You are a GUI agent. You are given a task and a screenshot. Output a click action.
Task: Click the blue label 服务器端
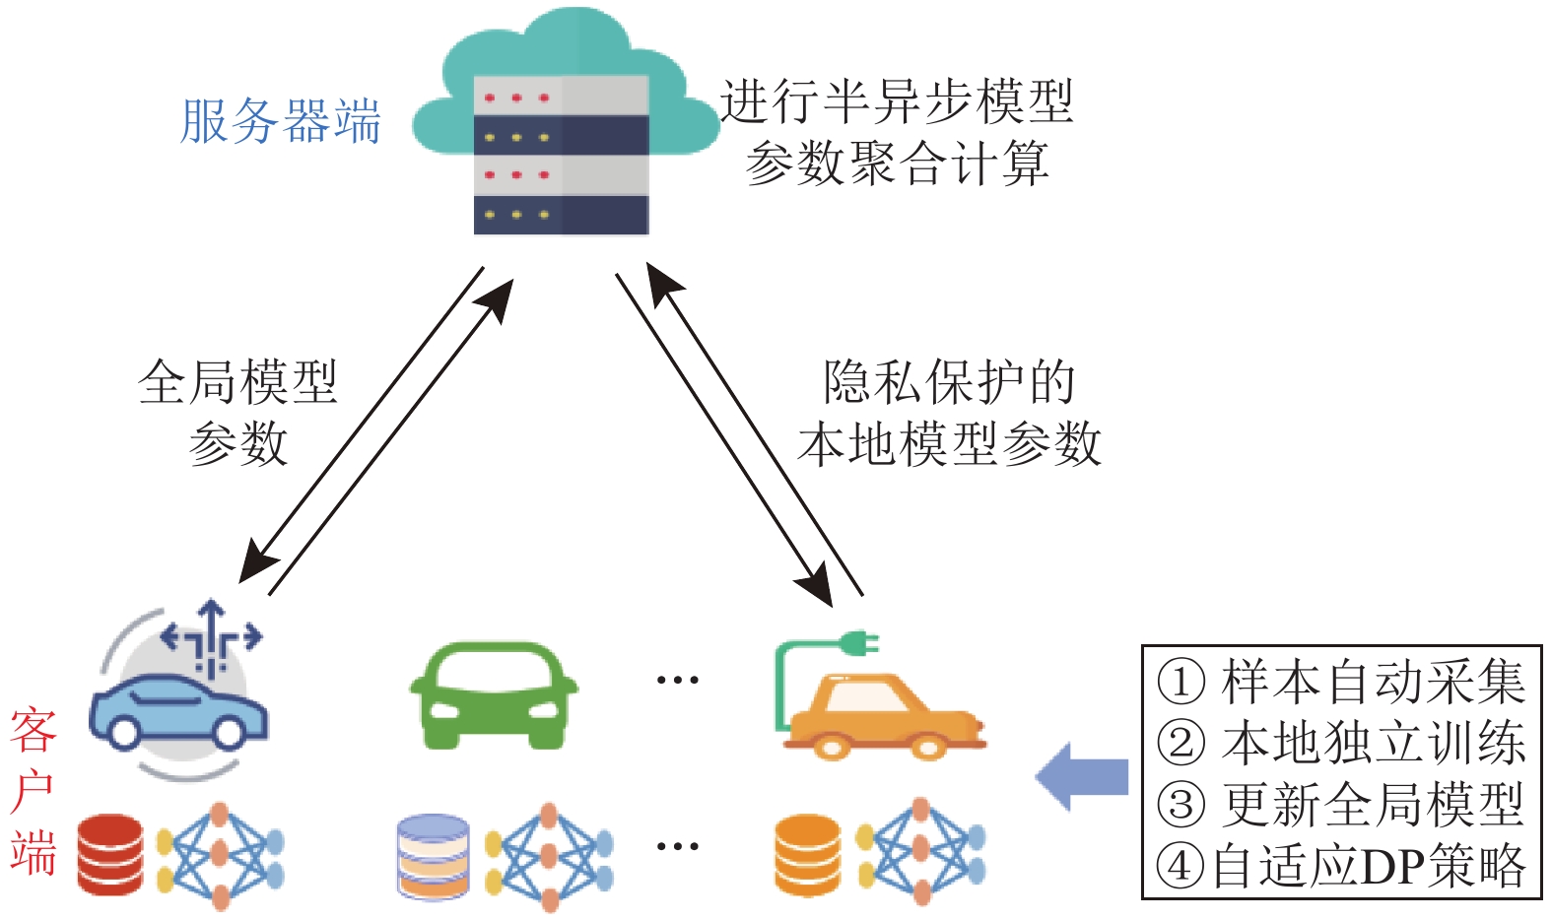281,121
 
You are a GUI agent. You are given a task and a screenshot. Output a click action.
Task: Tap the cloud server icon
566,122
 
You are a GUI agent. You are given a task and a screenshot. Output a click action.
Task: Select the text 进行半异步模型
897,101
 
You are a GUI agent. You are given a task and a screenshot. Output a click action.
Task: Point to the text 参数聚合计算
897,163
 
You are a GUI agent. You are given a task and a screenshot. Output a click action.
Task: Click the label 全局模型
237,382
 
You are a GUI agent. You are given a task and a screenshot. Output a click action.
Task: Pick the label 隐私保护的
949,382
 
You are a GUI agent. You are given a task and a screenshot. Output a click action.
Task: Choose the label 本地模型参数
949,443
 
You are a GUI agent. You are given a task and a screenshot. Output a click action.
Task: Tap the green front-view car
494,694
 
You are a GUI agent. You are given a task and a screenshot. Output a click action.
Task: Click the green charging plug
859,643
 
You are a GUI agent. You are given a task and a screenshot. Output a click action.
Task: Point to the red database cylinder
110,854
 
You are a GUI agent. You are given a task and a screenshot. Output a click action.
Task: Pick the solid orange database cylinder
808,856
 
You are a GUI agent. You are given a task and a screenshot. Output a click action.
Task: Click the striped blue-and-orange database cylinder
433,856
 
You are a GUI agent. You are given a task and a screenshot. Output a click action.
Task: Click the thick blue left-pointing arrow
1082,776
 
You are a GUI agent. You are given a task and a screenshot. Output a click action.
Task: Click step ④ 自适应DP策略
1341,866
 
